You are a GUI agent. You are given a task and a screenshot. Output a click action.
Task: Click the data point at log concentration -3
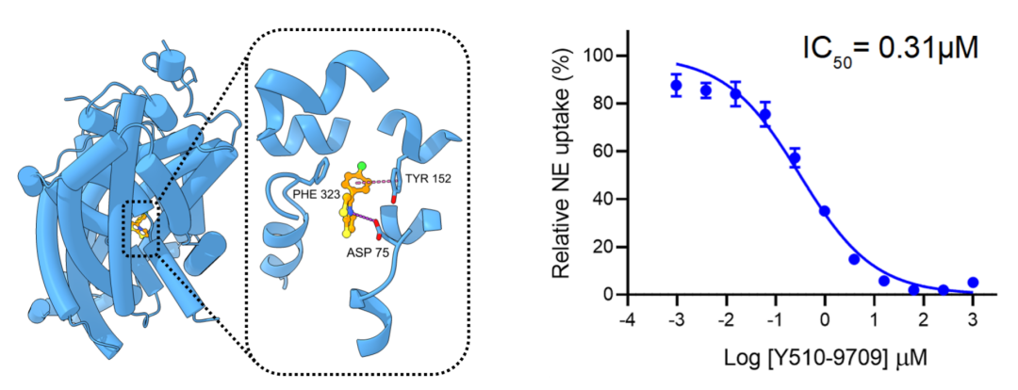point(676,86)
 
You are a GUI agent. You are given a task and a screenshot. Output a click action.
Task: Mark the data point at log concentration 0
point(825,212)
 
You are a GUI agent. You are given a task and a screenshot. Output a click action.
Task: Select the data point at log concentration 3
point(973,283)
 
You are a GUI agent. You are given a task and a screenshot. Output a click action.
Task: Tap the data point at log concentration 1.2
point(884,281)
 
